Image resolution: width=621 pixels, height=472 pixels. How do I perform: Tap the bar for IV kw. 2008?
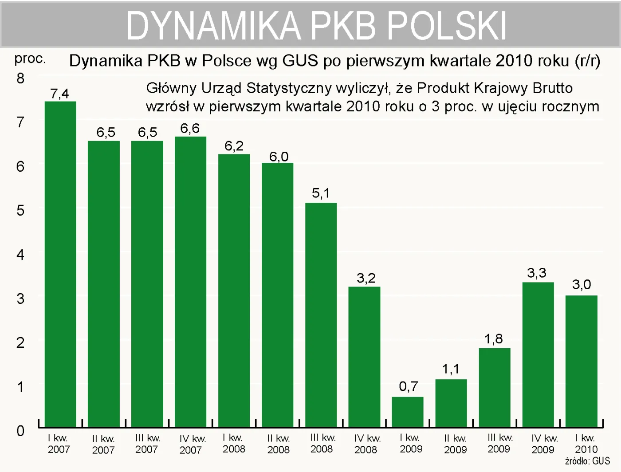[364, 357]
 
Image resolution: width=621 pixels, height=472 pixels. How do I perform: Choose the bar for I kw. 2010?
[581, 361]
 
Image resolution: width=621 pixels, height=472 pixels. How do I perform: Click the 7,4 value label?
[59, 94]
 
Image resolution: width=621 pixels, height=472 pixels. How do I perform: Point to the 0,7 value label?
[408, 386]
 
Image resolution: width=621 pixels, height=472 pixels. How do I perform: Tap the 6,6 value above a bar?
[190, 129]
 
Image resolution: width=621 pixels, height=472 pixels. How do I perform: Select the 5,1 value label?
[321, 193]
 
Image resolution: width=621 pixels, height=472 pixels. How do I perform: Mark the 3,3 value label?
[536, 273]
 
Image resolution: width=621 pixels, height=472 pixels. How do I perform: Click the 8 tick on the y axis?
[20, 79]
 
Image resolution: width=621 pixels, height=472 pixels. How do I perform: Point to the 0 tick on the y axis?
[20, 430]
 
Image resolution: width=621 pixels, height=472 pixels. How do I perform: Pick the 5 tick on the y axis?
[20, 210]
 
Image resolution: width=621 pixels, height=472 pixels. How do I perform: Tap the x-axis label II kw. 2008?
[278, 444]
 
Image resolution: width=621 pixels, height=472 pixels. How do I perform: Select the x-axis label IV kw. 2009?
[542, 444]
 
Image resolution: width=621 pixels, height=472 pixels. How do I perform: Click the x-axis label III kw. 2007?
[147, 444]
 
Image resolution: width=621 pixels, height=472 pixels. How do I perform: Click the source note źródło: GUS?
[587, 461]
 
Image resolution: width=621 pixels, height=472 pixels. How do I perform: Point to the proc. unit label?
[30, 59]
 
